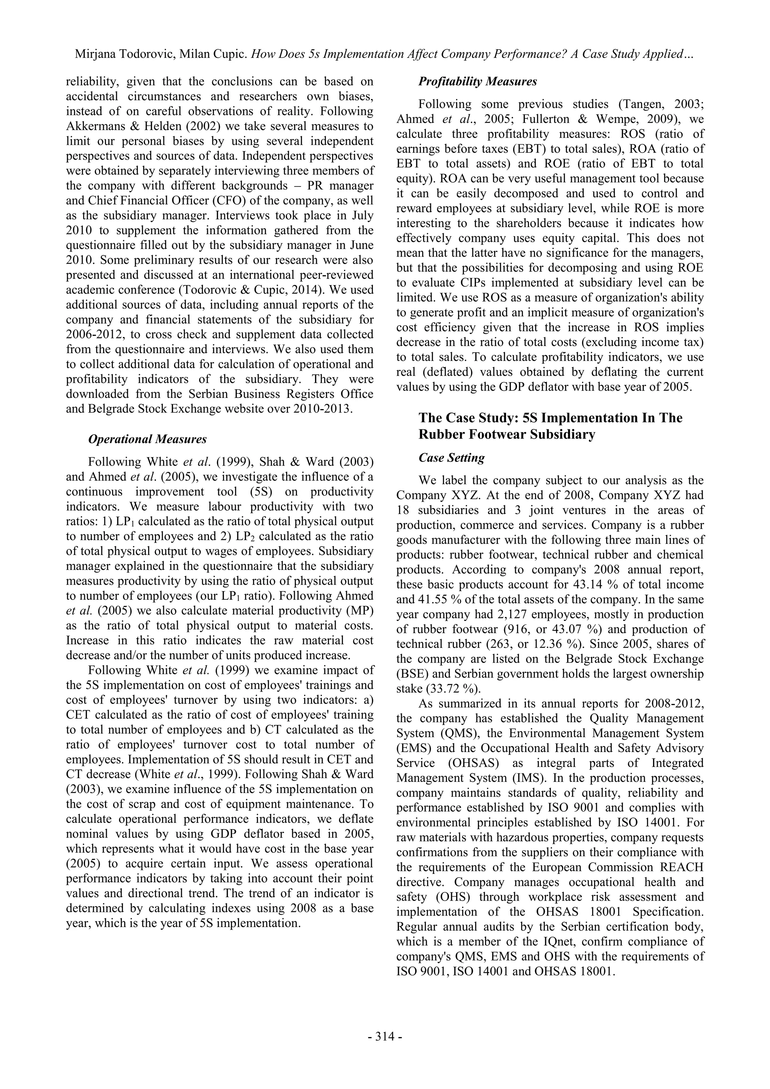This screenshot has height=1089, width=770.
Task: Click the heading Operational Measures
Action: coord(147,439)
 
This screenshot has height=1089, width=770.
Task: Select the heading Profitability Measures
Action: coord(477,82)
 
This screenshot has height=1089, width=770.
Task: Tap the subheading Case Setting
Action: coord(452,458)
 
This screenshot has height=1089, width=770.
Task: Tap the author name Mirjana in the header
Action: coord(96,54)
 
